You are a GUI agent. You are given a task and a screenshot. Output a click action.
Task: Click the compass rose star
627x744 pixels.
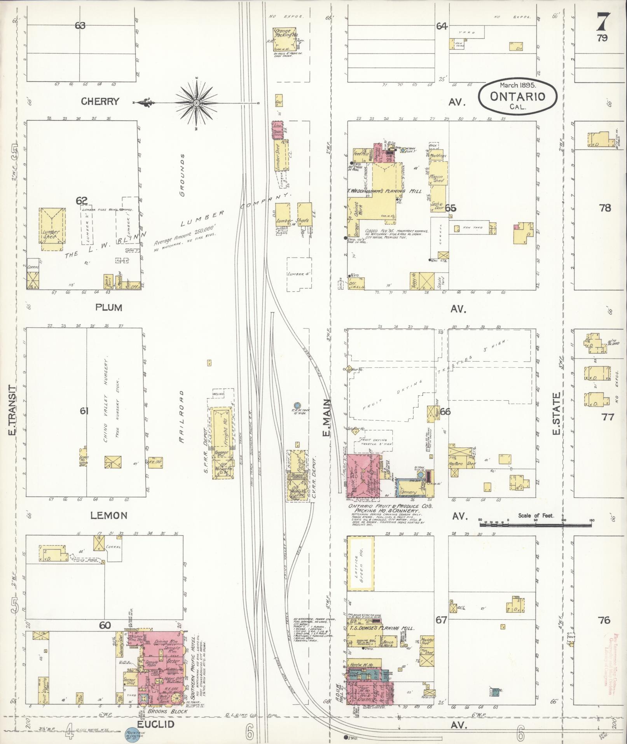pos(197,103)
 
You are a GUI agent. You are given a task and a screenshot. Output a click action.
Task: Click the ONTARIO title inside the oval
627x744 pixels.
pos(517,96)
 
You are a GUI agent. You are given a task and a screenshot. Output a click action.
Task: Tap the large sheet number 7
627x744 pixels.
pos(603,22)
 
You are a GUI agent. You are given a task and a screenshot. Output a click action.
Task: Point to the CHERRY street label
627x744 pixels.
pos(100,102)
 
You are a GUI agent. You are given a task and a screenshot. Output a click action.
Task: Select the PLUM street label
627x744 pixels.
pos(109,308)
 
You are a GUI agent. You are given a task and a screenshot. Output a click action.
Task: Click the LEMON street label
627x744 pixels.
pos(109,515)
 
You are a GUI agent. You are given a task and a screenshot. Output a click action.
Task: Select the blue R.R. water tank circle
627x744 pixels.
pos(297,405)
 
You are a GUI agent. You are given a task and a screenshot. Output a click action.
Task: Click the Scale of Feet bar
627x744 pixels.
pos(536,525)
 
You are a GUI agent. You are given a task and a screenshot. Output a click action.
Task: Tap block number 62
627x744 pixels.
pos(81,201)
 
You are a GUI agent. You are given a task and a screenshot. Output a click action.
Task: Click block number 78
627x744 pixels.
pos(605,208)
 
